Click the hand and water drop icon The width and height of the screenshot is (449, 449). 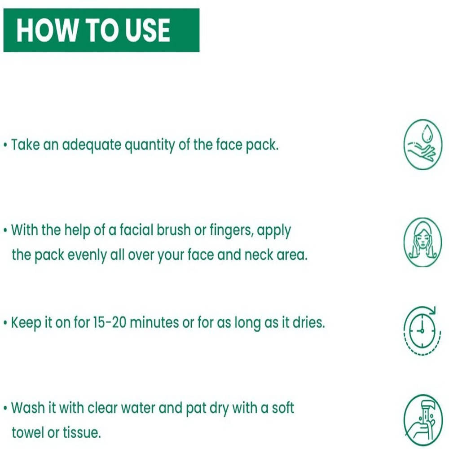(423, 144)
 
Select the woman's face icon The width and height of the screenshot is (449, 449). (423, 242)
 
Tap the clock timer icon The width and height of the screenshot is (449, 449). (421, 331)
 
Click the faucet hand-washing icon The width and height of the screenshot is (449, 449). (423, 420)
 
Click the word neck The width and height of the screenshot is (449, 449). (259, 255)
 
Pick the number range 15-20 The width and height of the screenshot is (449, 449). (110, 322)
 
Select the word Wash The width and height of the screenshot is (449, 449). (28, 408)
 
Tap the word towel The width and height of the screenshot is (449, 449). (28, 432)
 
